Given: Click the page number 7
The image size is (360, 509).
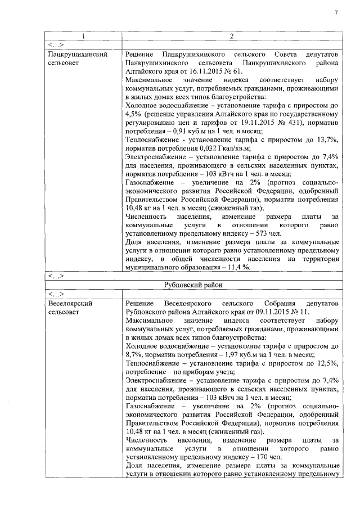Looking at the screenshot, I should coord(336,13).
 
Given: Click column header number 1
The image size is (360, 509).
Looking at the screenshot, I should coord(83,37).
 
